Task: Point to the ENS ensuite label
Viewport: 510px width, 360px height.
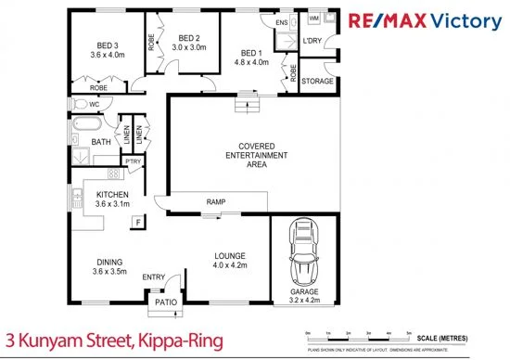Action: point(282,21)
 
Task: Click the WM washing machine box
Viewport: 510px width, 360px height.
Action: point(312,18)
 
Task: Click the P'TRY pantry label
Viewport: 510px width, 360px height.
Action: point(133,161)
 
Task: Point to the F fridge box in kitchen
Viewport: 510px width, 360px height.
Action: point(137,222)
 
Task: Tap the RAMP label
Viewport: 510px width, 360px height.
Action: point(216,202)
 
